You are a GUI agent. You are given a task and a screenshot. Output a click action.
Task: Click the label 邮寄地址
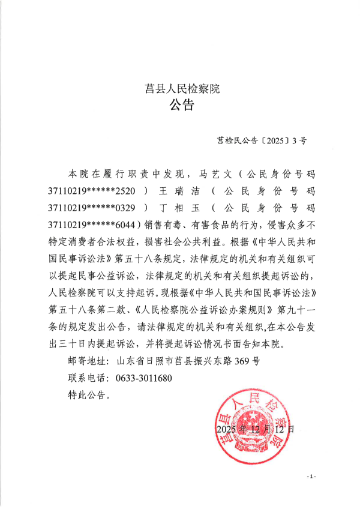pyautogui.click(x=87, y=361)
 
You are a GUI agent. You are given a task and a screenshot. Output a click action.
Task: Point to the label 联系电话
pyautogui.click(x=87, y=378)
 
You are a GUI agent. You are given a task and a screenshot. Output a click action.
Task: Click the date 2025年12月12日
pyautogui.click(x=256, y=430)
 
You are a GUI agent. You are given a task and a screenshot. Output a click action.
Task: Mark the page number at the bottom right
pyautogui.click(x=311, y=476)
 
